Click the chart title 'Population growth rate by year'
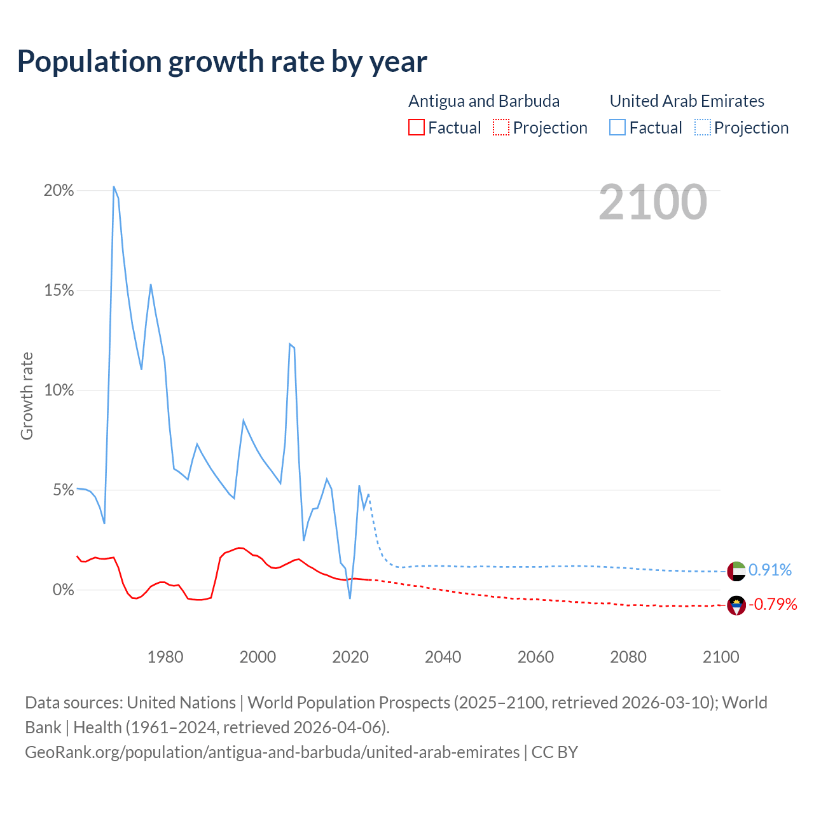(x=222, y=62)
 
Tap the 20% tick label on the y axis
(x=59, y=191)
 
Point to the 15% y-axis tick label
(x=59, y=291)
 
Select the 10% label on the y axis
(x=59, y=390)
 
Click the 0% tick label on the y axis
(x=63, y=590)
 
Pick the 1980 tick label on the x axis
(x=165, y=657)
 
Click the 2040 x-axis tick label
(x=443, y=657)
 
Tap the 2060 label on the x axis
(x=535, y=657)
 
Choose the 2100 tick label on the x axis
(x=721, y=657)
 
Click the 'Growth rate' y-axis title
(x=27, y=396)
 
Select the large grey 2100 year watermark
(x=652, y=202)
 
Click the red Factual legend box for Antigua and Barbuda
(x=417, y=128)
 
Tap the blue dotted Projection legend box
(x=703, y=128)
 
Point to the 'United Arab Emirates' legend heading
(x=687, y=101)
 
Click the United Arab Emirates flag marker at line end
(x=736, y=571)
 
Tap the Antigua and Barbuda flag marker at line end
(x=736, y=605)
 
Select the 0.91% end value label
(x=770, y=570)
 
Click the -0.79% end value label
(x=773, y=604)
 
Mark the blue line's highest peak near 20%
(x=114, y=186)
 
